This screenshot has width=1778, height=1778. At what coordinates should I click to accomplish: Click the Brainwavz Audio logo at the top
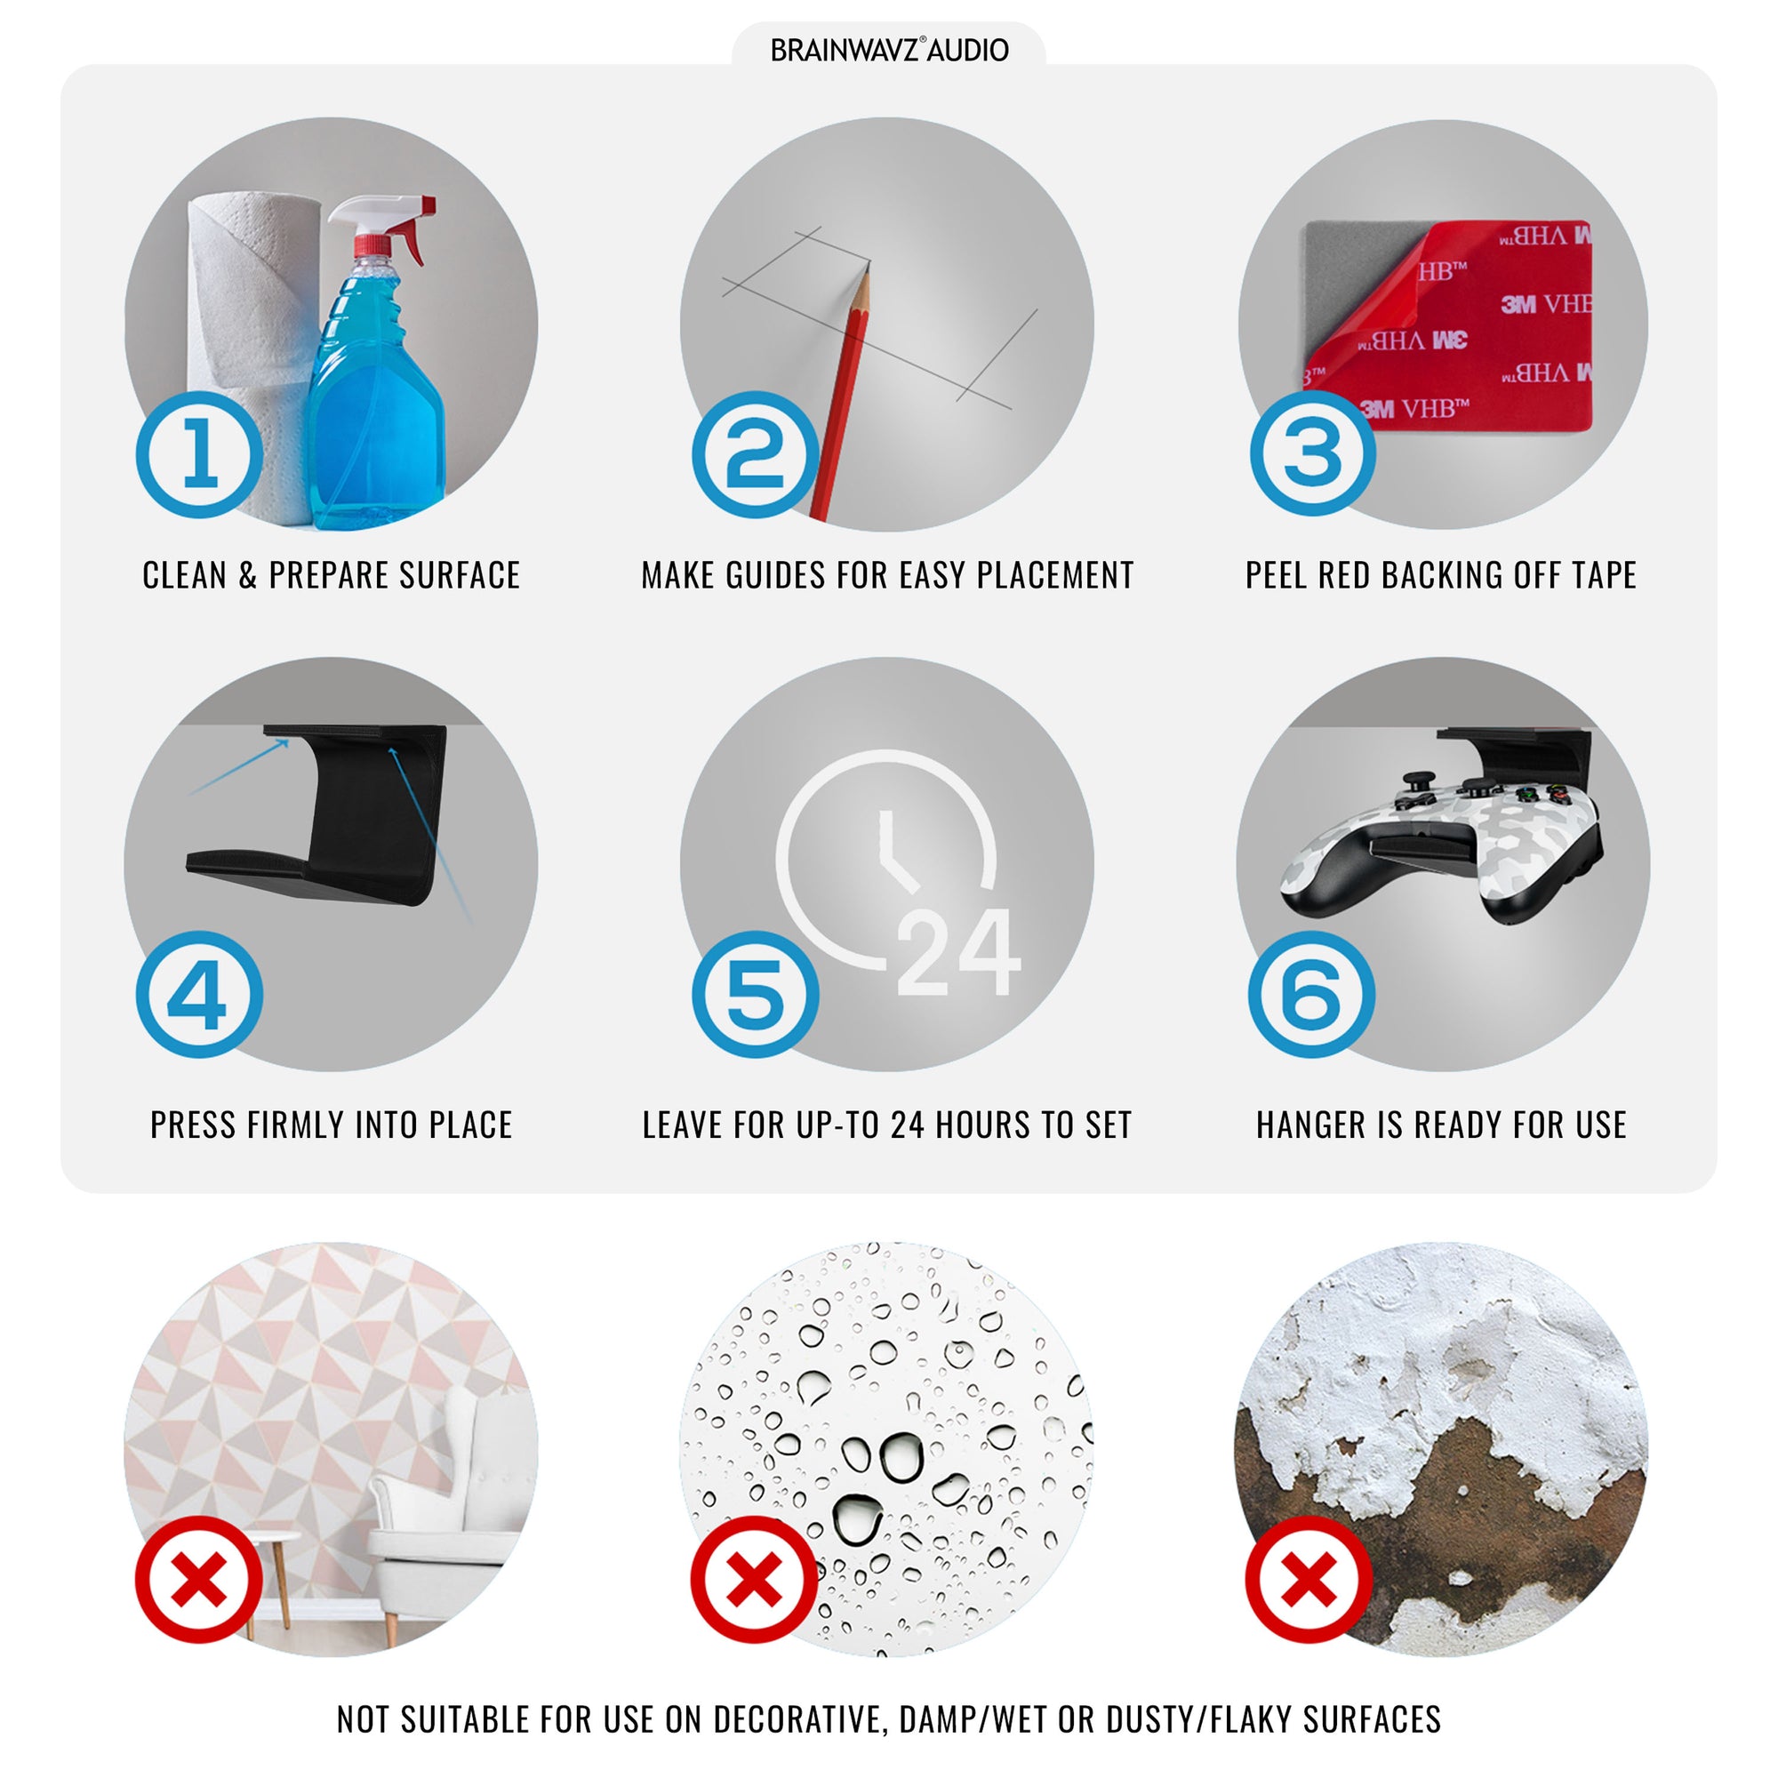point(889,50)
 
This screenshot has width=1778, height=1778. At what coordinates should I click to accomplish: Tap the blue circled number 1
point(200,454)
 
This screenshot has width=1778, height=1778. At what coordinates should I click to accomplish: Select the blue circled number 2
point(756,454)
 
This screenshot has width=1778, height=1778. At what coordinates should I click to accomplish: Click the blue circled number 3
point(1312,453)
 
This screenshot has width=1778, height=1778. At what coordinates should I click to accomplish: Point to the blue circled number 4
point(200,994)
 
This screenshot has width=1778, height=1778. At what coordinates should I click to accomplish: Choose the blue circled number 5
point(756,994)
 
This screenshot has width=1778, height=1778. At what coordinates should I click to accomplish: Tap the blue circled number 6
point(1311,994)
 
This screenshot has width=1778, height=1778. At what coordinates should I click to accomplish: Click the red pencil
point(841,391)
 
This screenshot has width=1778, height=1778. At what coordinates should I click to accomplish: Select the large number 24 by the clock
point(958,951)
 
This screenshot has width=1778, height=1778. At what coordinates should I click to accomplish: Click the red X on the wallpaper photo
point(199,1579)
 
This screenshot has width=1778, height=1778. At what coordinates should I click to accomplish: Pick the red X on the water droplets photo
point(755,1579)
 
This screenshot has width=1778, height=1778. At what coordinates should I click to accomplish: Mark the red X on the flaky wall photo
point(1309,1579)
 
